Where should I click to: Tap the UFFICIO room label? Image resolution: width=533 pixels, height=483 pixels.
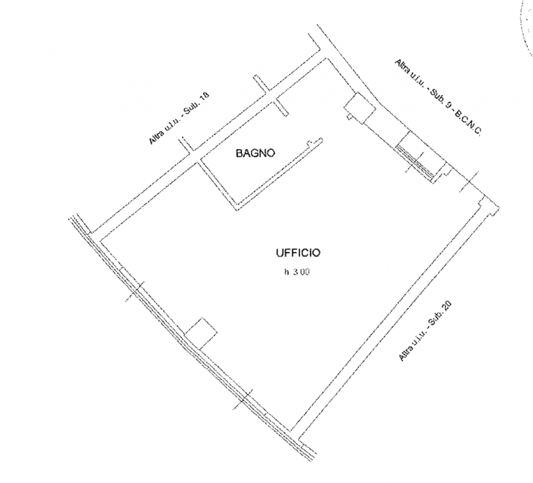coord(298,253)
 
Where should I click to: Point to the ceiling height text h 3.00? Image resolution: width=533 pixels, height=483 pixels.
coord(297,272)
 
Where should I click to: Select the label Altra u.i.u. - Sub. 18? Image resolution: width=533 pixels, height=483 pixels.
coord(179,118)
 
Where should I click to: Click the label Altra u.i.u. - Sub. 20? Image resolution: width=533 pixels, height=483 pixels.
coord(425,331)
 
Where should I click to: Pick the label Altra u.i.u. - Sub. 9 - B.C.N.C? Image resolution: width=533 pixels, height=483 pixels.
coord(438,97)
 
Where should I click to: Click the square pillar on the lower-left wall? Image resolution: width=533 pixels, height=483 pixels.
coord(201,334)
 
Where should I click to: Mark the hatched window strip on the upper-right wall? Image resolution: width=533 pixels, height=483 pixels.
coord(414,163)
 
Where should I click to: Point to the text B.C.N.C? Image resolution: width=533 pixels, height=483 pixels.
coord(468,124)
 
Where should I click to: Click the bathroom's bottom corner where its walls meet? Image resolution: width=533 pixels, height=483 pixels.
coord(237,208)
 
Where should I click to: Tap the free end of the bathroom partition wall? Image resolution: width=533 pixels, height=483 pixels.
coord(321,140)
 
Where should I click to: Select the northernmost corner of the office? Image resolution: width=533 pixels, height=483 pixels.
coord(326,59)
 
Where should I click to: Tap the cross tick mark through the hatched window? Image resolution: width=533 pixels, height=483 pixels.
coord(414,162)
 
